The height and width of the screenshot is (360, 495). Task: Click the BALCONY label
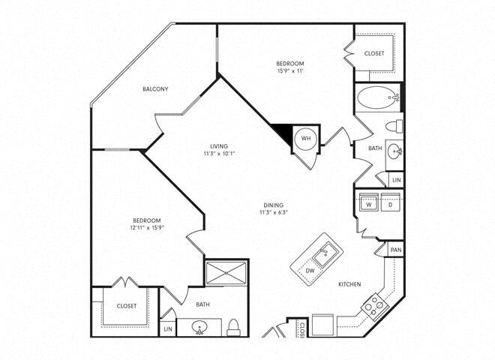155,89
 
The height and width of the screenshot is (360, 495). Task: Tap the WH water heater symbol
306,139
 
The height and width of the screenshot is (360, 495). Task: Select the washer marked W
369,202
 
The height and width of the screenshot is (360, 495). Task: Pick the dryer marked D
390,202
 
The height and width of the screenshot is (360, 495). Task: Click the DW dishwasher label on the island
309,270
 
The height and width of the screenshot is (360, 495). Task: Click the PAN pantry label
396,250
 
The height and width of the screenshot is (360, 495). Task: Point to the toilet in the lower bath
233,326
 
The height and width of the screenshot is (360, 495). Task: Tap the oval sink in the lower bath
200,328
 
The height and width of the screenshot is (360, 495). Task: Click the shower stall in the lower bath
228,274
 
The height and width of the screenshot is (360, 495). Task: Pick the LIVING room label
219,146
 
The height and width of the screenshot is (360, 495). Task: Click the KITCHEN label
350,284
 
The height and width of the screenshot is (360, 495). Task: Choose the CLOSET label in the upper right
374,53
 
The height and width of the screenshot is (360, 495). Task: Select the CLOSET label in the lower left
126,306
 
